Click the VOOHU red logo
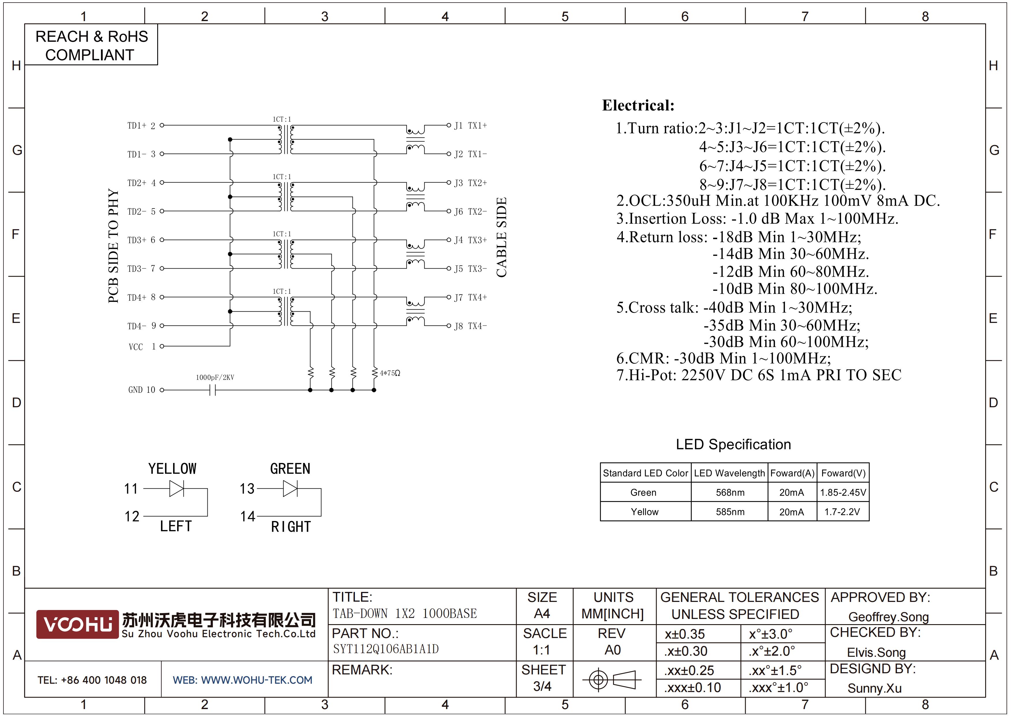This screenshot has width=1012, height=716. (77, 624)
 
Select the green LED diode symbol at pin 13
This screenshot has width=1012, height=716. (291, 488)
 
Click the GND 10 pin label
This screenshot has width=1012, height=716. (141, 390)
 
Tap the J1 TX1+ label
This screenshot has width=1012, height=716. (471, 125)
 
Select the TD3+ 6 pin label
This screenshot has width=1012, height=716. (141, 240)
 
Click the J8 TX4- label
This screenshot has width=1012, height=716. (471, 326)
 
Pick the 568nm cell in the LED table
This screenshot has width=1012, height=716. (730, 492)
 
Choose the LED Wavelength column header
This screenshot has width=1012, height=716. (730, 473)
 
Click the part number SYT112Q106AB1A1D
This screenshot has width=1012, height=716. (386, 649)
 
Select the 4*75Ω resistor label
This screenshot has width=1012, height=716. (390, 373)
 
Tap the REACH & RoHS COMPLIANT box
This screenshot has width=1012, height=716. (91, 45)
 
